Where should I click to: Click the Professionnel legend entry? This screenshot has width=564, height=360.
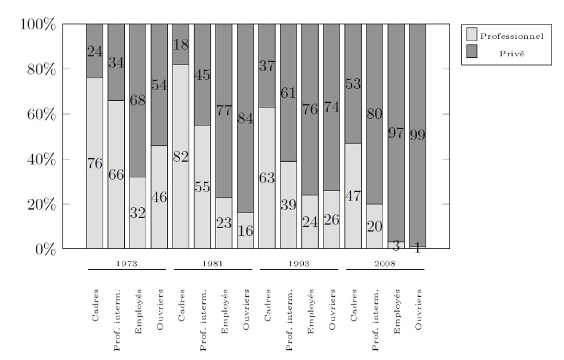click(x=511, y=36)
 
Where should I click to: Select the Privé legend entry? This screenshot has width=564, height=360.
click(x=511, y=53)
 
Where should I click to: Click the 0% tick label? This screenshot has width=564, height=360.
click(x=45, y=249)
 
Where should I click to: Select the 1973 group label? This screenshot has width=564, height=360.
click(x=127, y=262)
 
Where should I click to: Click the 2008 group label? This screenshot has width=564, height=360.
click(x=385, y=262)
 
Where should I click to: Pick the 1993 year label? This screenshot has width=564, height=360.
click(x=299, y=262)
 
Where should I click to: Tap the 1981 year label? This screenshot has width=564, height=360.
click(x=212, y=262)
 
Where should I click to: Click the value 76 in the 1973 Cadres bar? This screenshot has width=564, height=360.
click(x=94, y=164)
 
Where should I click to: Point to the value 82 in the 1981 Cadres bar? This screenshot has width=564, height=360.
click(x=180, y=157)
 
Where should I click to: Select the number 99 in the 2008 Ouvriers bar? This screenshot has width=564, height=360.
click(x=417, y=135)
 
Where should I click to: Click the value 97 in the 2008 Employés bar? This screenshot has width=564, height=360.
click(x=396, y=133)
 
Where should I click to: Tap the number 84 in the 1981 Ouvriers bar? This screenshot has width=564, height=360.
click(x=245, y=118)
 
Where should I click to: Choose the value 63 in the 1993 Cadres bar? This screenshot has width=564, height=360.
click(x=267, y=178)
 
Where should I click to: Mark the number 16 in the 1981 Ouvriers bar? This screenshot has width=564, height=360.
click(x=245, y=231)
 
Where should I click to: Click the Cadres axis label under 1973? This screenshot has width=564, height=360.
click(x=95, y=306)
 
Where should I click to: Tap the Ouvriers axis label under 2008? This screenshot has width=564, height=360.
click(x=418, y=309)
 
